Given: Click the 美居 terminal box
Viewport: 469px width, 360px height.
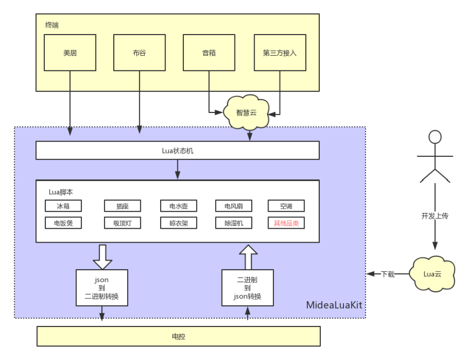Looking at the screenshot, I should [x=70, y=53].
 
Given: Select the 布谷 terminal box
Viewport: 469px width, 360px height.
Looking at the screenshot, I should [x=139, y=53].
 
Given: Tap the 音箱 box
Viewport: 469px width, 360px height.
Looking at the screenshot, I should [x=209, y=53].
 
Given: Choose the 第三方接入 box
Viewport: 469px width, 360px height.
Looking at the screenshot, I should [x=280, y=53].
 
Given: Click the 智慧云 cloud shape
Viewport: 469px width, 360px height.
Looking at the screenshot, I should [x=246, y=112].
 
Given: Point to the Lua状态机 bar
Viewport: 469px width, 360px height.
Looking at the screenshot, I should [x=177, y=150].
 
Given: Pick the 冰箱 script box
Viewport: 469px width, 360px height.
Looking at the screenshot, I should [x=63, y=206].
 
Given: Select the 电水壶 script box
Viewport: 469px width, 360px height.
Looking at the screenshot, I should [x=178, y=206].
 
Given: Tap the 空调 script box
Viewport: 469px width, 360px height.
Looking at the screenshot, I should [x=286, y=206].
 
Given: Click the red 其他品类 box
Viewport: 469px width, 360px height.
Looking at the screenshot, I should [x=286, y=223].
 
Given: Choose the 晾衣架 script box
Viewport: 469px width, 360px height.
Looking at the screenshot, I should [x=178, y=223].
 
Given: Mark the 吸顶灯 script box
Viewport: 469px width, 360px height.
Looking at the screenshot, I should [x=123, y=223].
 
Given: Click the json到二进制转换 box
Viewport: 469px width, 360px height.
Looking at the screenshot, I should [x=102, y=288].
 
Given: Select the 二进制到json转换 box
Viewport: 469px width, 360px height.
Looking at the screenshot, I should [x=247, y=288].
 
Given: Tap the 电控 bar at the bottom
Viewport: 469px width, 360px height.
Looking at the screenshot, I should [x=178, y=336].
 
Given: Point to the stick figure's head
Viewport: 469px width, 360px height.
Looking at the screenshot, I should [x=435, y=137].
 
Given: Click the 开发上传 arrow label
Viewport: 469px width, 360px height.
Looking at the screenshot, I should [x=435, y=216].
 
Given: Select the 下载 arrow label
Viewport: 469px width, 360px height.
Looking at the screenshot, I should [x=388, y=274].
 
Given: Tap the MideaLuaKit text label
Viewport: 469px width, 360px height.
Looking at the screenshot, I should [x=334, y=305].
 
